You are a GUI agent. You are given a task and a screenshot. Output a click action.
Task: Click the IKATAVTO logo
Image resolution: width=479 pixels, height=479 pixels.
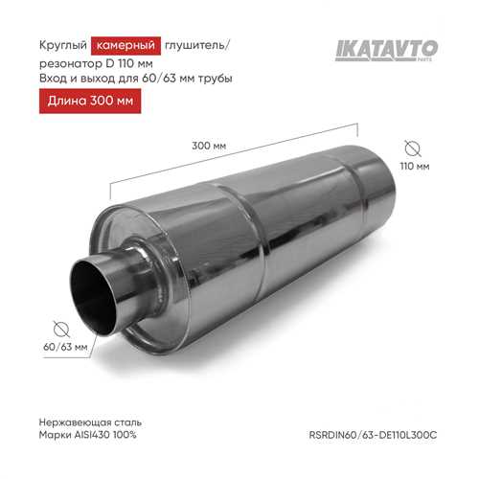pos(386,50)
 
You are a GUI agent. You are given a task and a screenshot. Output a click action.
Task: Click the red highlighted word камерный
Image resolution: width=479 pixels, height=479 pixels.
pos(125,46)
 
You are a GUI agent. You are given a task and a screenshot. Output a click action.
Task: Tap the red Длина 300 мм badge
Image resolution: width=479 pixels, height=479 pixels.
pos(90,101)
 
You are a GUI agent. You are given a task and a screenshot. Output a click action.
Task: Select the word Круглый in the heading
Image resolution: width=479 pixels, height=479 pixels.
pos(63,45)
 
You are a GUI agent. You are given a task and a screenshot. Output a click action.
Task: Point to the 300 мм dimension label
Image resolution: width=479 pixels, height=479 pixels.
pos(209,146)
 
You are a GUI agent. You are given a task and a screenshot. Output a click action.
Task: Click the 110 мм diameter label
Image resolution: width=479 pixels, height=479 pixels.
pos(415,166)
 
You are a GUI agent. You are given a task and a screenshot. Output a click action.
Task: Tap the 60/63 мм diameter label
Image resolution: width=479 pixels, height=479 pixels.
pos(65,347)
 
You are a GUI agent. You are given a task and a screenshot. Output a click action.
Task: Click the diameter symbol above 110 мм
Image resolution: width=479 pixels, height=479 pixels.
pos(413,148)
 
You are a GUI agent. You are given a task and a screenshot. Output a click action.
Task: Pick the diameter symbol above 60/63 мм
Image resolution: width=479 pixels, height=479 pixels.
pos(61,329)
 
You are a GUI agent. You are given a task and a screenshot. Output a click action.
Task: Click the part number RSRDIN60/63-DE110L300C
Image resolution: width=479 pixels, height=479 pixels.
pos(373,435)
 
